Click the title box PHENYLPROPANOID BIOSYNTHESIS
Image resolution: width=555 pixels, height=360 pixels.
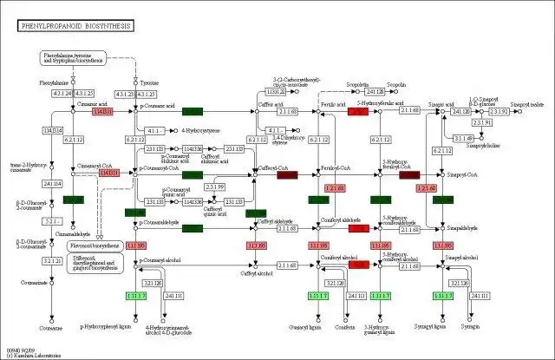(75, 27)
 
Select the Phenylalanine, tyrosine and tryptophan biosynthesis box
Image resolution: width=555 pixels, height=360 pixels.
(75, 58)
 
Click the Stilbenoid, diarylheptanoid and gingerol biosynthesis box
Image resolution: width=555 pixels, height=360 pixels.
(95, 262)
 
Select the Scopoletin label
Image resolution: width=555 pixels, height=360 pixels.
(333, 83)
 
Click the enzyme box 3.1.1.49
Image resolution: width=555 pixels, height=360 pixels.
(463, 138)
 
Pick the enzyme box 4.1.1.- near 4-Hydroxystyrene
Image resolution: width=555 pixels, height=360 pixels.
(153, 130)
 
